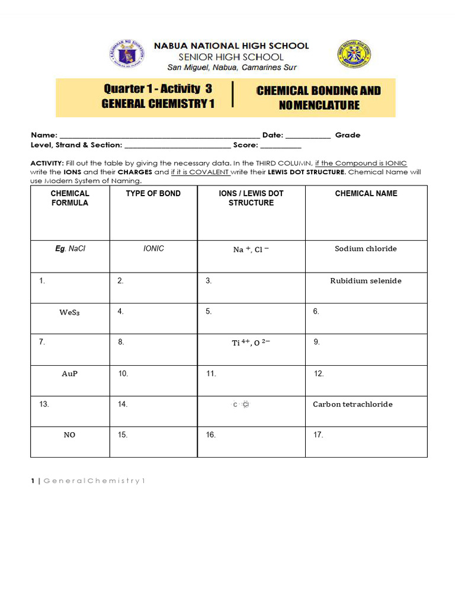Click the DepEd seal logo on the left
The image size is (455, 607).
127,57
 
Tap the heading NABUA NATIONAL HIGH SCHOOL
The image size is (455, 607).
232,46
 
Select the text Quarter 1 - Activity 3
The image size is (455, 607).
158,89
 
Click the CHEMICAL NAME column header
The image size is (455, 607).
366,193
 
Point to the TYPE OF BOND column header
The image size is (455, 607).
153,193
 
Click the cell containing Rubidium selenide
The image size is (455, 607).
366,281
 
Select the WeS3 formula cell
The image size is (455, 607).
69,312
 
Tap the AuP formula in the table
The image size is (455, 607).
70,374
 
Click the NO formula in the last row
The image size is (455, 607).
70,435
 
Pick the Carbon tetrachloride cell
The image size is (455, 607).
353,404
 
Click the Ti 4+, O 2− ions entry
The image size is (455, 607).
251,343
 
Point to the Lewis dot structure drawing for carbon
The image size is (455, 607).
242,405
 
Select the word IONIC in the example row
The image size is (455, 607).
153,249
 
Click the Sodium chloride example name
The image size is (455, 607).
366,249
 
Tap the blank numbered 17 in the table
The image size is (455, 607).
318,435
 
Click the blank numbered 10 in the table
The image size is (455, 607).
123,374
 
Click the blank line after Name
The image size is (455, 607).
160,136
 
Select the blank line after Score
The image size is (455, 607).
281,146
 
